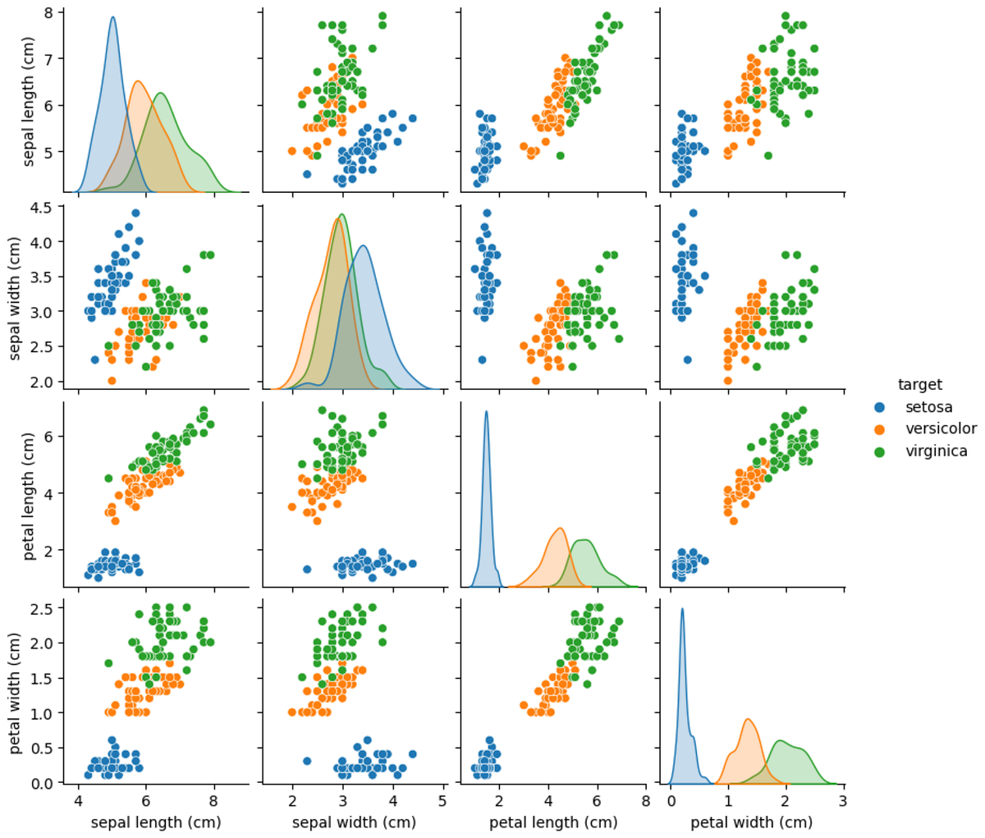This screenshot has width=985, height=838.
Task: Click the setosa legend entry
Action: [x=928, y=406]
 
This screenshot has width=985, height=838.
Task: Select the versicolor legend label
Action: [x=941, y=428]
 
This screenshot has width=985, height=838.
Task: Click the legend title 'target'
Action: [x=919, y=384]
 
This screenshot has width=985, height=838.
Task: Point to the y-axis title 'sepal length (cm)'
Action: [x=30, y=103]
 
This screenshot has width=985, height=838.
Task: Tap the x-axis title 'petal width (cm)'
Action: [x=751, y=822]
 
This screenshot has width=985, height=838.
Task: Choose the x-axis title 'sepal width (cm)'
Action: [x=355, y=822]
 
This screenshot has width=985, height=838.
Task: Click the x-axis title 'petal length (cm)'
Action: [x=553, y=822]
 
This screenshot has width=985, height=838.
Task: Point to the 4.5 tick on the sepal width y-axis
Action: [x=44, y=208]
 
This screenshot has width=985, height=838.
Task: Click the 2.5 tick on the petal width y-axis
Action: [x=44, y=608]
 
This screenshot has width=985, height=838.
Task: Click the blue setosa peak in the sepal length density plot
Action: [x=112, y=17]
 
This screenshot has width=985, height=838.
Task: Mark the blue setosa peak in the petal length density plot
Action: [x=486, y=412]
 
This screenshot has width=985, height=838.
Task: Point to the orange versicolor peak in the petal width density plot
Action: [x=749, y=720]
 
